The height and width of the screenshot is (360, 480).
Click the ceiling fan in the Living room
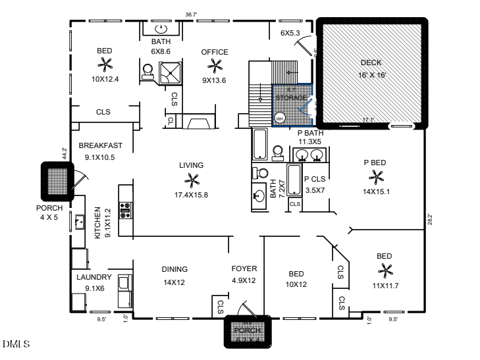pyautogui.click(x=192, y=179)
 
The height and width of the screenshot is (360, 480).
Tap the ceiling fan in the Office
pyautogui.click(x=215, y=64)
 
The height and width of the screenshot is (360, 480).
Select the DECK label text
pyautogui.click(x=371, y=63)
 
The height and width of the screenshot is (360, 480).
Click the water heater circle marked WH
pyautogui.click(x=279, y=118)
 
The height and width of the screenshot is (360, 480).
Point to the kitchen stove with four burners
pyautogui.click(x=124, y=210)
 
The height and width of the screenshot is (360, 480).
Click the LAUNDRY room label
pyautogui.click(x=93, y=278)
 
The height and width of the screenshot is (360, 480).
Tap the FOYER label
pyautogui.click(x=244, y=269)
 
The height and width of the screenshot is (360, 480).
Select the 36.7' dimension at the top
pyautogui.click(x=191, y=14)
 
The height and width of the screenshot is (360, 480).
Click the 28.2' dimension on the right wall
pyautogui.click(x=429, y=219)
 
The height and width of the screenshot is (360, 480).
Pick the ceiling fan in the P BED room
pyautogui.click(x=377, y=176)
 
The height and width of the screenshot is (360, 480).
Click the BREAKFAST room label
pyautogui.click(x=100, y=145)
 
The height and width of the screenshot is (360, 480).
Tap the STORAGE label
pyautogui.click(x=291, y=98)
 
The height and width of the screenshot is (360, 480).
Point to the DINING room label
pyautogui.click(x=174, y=269)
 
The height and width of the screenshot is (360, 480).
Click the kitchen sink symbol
pyautogui.click(x=80, y=221)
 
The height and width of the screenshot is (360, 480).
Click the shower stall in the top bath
pyautogui.click(x=172, y=71)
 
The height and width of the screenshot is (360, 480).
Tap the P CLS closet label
pyautogui.click(x=315, y=178)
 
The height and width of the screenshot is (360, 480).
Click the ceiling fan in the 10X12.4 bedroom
pyautogui.click(x=105, y=64)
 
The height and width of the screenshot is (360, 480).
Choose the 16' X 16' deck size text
pyautogui.click(x=373, y=75)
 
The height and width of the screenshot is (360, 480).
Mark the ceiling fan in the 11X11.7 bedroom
pyautogui.click(x=385, y=270)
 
